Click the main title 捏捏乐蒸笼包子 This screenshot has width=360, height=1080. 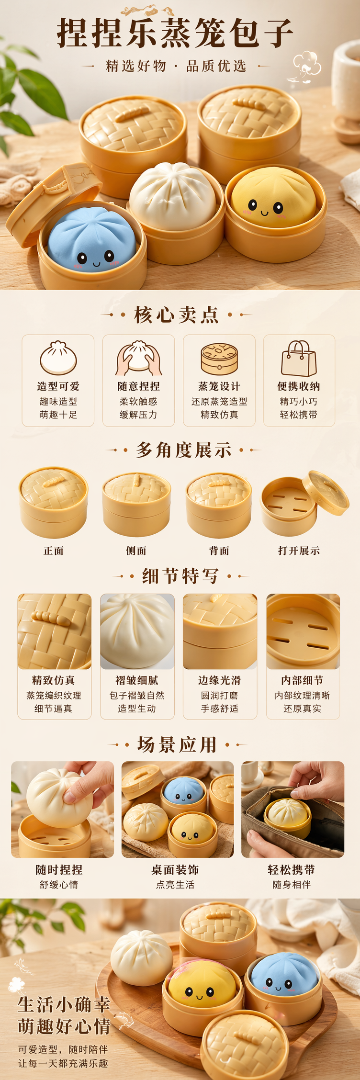[175, 33]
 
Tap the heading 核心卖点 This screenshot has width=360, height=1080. [177, 315]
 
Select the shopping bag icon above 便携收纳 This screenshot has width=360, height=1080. [299, 359]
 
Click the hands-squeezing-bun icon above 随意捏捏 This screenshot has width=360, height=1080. [138, 358]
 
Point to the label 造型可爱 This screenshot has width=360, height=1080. [58, 386]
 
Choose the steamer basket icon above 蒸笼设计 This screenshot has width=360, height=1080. [219, 359]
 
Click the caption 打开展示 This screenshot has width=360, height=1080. [299, 551]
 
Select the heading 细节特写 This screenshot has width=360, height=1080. [180, 576]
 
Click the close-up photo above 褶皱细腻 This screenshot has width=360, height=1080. [137, 631]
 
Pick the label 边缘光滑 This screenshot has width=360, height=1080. [220, 680]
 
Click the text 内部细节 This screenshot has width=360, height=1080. [302, 680]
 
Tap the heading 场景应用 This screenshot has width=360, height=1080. [177, 744]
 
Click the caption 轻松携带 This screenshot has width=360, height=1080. [292, 870]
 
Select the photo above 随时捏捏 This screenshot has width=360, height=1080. [63, 809]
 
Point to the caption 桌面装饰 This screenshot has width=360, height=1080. [175, 870]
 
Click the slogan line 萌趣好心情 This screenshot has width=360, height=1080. [64, 1026]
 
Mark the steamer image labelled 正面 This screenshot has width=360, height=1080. [54, 503]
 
